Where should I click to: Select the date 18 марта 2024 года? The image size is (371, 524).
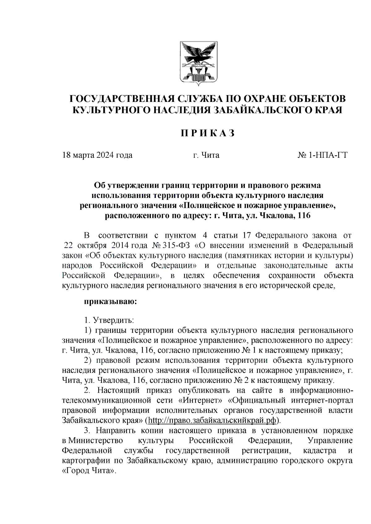pos(97,155)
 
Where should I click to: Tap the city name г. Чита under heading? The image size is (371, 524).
pos(206,155)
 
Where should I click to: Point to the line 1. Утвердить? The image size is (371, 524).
pos(109,320)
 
